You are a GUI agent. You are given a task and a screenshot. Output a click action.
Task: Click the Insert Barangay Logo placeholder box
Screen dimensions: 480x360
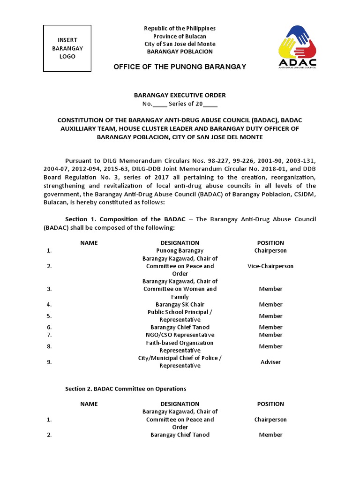[67, 48]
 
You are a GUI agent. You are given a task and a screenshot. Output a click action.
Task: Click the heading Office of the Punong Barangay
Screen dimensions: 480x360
[180, 67]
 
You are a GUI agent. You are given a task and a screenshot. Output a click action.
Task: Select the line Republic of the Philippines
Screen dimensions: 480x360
[180, 29]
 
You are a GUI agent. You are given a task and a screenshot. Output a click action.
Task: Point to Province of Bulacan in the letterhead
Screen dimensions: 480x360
[180, 36]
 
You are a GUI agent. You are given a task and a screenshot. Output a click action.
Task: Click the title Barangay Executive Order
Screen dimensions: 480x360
[180, 95]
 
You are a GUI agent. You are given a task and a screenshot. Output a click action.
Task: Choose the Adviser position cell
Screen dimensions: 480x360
[270, 362]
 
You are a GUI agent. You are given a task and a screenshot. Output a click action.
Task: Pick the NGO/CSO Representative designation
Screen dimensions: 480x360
[180, 335]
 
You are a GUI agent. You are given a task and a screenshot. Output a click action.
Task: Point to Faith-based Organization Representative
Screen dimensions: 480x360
[180, 346]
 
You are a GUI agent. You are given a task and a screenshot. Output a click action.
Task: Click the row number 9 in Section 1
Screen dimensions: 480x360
[49, 362]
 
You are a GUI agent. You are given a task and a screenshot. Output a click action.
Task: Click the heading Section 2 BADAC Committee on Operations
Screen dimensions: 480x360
[126, 389]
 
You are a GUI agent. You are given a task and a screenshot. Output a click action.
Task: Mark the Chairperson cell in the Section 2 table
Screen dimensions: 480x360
[270, 420]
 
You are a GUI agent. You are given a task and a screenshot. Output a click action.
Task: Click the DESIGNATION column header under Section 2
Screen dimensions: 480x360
[180, 404]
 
